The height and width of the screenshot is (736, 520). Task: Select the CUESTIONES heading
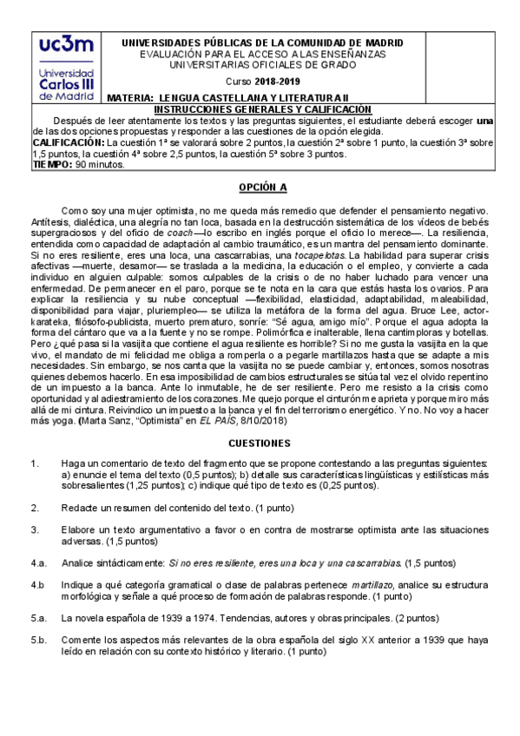pos(259,442)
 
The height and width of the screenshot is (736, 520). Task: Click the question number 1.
pos(33,463)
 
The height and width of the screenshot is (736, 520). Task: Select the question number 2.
pos(33,507)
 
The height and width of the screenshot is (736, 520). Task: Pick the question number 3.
pos(33,529)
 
